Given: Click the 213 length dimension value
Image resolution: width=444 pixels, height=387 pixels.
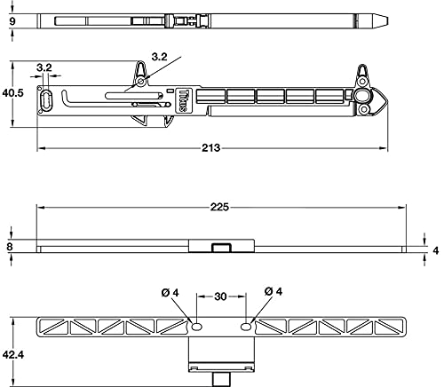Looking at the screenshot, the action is [211, 147].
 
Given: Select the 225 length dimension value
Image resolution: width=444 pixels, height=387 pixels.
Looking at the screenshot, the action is [219, 207].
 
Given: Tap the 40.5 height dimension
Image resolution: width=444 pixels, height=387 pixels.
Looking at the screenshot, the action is [12, 93].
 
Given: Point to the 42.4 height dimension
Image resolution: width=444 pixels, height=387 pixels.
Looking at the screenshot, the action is [13, 354].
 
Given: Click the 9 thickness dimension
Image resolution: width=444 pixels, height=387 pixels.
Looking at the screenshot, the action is [12, 21].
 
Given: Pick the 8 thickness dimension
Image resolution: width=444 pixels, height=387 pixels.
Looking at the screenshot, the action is [10, 247].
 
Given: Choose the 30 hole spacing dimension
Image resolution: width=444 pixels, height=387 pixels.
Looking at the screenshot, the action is [220, 296].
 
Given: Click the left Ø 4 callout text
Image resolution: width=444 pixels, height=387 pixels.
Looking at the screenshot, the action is [170, 293].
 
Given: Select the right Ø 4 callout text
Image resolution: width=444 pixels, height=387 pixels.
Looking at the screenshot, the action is [274, 291].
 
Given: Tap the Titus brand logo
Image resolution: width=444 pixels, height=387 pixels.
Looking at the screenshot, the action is [183, 100].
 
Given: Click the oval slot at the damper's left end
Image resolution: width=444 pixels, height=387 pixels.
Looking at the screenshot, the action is [46, 100].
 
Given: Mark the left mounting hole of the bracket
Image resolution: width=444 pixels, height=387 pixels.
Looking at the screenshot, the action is [196, 327].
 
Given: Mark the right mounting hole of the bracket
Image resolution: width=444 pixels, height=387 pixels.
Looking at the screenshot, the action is [246, 327].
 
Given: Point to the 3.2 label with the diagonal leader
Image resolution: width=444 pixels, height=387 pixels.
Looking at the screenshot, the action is [159, 57].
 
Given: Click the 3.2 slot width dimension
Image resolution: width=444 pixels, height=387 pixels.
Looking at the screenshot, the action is [44, 67].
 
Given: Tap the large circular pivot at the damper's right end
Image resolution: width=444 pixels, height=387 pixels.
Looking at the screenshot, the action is [361, 96].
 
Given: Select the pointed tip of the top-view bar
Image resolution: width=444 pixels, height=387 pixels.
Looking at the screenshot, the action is [387, 21].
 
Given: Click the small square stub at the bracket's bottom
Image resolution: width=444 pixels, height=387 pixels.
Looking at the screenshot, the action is [221, 379].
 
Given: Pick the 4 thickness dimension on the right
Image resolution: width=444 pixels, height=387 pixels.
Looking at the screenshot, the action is [436, 250].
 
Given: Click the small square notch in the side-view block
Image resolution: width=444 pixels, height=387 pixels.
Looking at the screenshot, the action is [221, 248].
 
